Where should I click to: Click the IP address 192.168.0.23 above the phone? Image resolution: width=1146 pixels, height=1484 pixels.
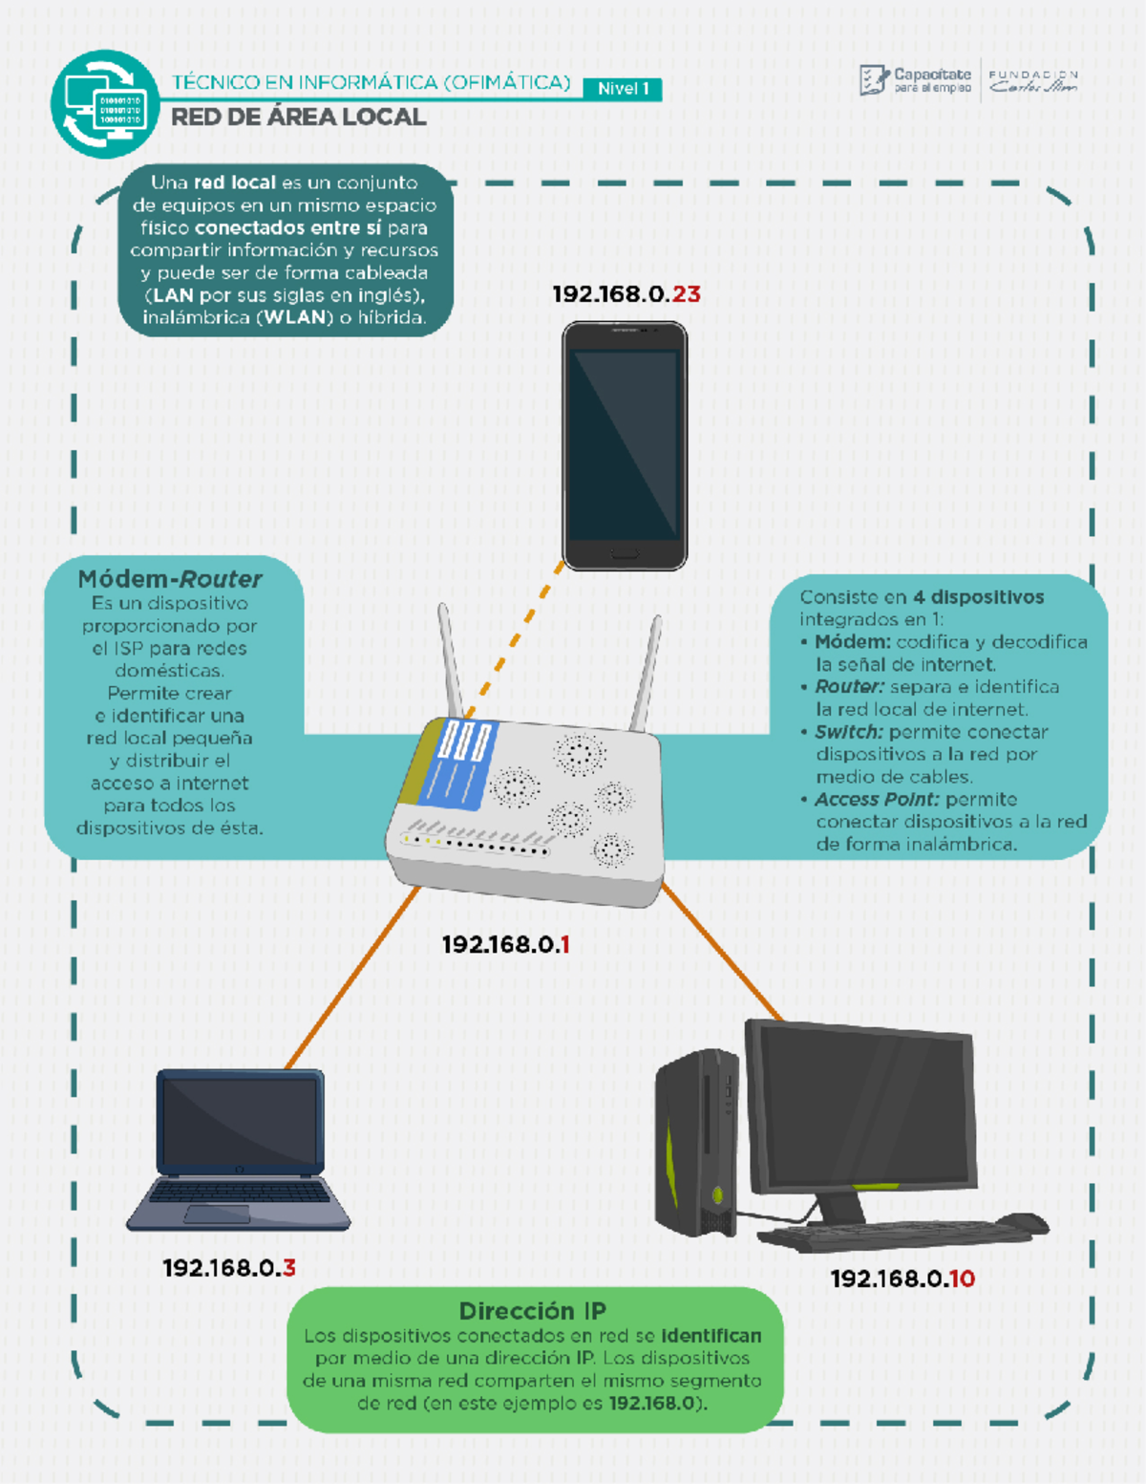coord(626,294)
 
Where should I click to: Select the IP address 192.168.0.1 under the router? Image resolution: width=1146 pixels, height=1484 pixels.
coord(506,945)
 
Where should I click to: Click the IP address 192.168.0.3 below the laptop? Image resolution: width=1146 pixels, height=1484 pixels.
coord(229,1268)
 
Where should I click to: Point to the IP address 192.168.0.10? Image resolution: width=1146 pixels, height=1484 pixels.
coord(902,1280)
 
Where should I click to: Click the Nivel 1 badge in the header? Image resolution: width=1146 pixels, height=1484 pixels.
coord(623,90)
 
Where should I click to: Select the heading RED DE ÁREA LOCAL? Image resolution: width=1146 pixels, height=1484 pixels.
coord(298,118)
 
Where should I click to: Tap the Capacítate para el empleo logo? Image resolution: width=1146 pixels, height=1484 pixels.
coord(915,81)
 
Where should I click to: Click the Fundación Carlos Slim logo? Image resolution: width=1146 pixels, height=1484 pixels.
coord(1033,81)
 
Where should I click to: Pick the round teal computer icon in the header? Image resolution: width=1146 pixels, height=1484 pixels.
coord(105,104)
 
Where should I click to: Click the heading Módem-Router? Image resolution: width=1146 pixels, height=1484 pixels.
coord(170,579)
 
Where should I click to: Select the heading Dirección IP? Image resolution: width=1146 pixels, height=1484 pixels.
coord(532,1311)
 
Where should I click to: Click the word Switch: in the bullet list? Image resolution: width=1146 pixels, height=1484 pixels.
coord(849,732)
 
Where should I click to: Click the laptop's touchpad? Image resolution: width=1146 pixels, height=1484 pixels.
coord(217,1215)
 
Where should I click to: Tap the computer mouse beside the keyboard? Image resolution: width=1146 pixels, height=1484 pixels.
coord(1022,1222)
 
